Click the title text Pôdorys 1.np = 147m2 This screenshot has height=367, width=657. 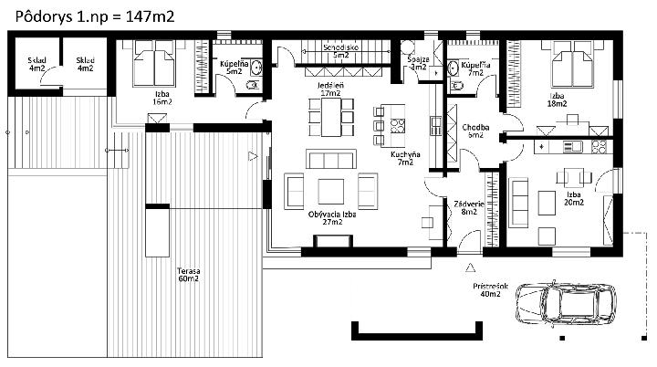(95, 16)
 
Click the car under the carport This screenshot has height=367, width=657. (566, 303)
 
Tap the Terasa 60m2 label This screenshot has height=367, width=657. (188, 275)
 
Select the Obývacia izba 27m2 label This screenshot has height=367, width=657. (332, 218)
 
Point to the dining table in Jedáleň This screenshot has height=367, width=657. (331, 117)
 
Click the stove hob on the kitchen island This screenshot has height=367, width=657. (398, 126)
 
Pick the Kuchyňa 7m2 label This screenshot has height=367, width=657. (405, 158)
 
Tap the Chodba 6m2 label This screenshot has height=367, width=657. (475, 131)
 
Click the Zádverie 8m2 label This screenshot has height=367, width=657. (469, 208)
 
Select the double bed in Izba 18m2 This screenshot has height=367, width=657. (572, 64)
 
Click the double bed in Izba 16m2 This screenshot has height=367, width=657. (154, 63)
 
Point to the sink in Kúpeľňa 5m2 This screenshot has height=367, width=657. (256, 68)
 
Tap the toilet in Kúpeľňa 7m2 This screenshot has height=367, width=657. (455, 87)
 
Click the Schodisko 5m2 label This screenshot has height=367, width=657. (340, 51)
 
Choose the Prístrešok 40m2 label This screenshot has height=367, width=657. (490, 290)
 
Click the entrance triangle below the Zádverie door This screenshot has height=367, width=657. (471, 267)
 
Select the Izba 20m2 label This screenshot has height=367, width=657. (574, 198)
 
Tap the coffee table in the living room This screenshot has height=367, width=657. (331, 192)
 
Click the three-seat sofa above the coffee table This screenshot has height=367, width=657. (331, 159)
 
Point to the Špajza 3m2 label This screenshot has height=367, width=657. (418, 63)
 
